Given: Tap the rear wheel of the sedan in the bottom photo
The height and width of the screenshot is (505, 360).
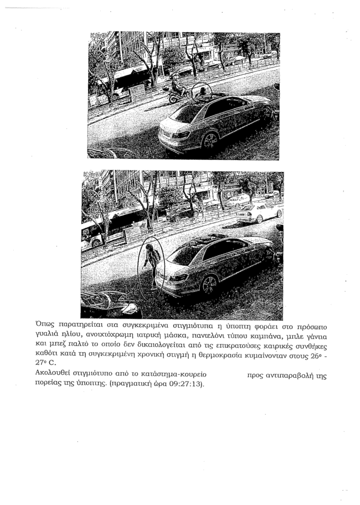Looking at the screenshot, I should pyautogui.click(x=209, y=285).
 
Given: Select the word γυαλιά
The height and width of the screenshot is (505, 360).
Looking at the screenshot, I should pyautogui.click(x=48, y=337).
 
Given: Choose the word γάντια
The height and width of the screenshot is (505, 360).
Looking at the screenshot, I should pyautogui.click(x=315, y=337).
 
